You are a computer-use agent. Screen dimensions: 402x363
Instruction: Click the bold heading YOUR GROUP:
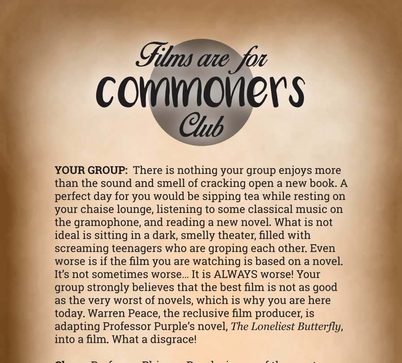(x=91, y=171)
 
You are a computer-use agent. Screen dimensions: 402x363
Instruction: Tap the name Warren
(x=147, y=314)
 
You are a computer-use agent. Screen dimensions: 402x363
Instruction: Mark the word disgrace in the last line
(x=172, y=340)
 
